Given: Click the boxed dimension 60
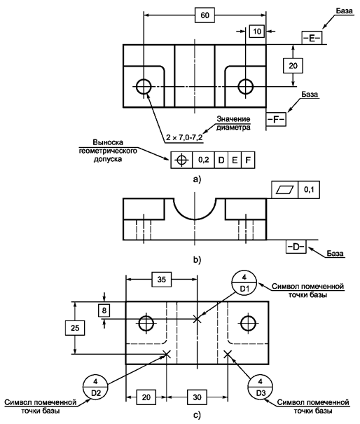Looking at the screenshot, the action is click(x=205, y=15).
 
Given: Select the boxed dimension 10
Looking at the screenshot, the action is click(x=257, y=32).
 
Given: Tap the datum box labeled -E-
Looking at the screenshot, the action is click(x=312, y=38).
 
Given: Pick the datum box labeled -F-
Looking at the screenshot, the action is click(x=276, y=120).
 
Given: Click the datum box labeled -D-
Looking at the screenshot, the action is click(x=296, y=247).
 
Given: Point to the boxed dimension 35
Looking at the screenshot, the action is click(x=161, y=280).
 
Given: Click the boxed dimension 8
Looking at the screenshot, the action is click(x=104, y=310).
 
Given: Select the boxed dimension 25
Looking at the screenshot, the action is click(x=75, y=328).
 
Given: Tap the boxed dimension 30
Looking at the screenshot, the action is click(x=198, y=397).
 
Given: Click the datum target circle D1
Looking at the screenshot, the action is click(x=244, y=283).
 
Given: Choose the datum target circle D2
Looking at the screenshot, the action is click(x=96, y=387).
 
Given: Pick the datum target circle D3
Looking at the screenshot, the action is click(x=261, y=387).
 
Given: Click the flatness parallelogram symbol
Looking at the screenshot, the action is click(x=284, y=190).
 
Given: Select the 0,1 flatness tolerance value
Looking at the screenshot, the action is click(x=309, y=189).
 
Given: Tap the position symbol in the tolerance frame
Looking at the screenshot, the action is click(x=181, y=160).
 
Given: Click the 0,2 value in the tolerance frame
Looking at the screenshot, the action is click(x=204, y=160).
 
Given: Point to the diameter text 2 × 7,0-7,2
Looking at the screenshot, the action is click(x=184, y=137).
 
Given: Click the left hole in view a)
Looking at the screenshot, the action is click(x=144, y=86).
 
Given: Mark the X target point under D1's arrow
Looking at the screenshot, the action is click(x=198, y=319).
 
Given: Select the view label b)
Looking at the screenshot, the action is click(x=197, y=259).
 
